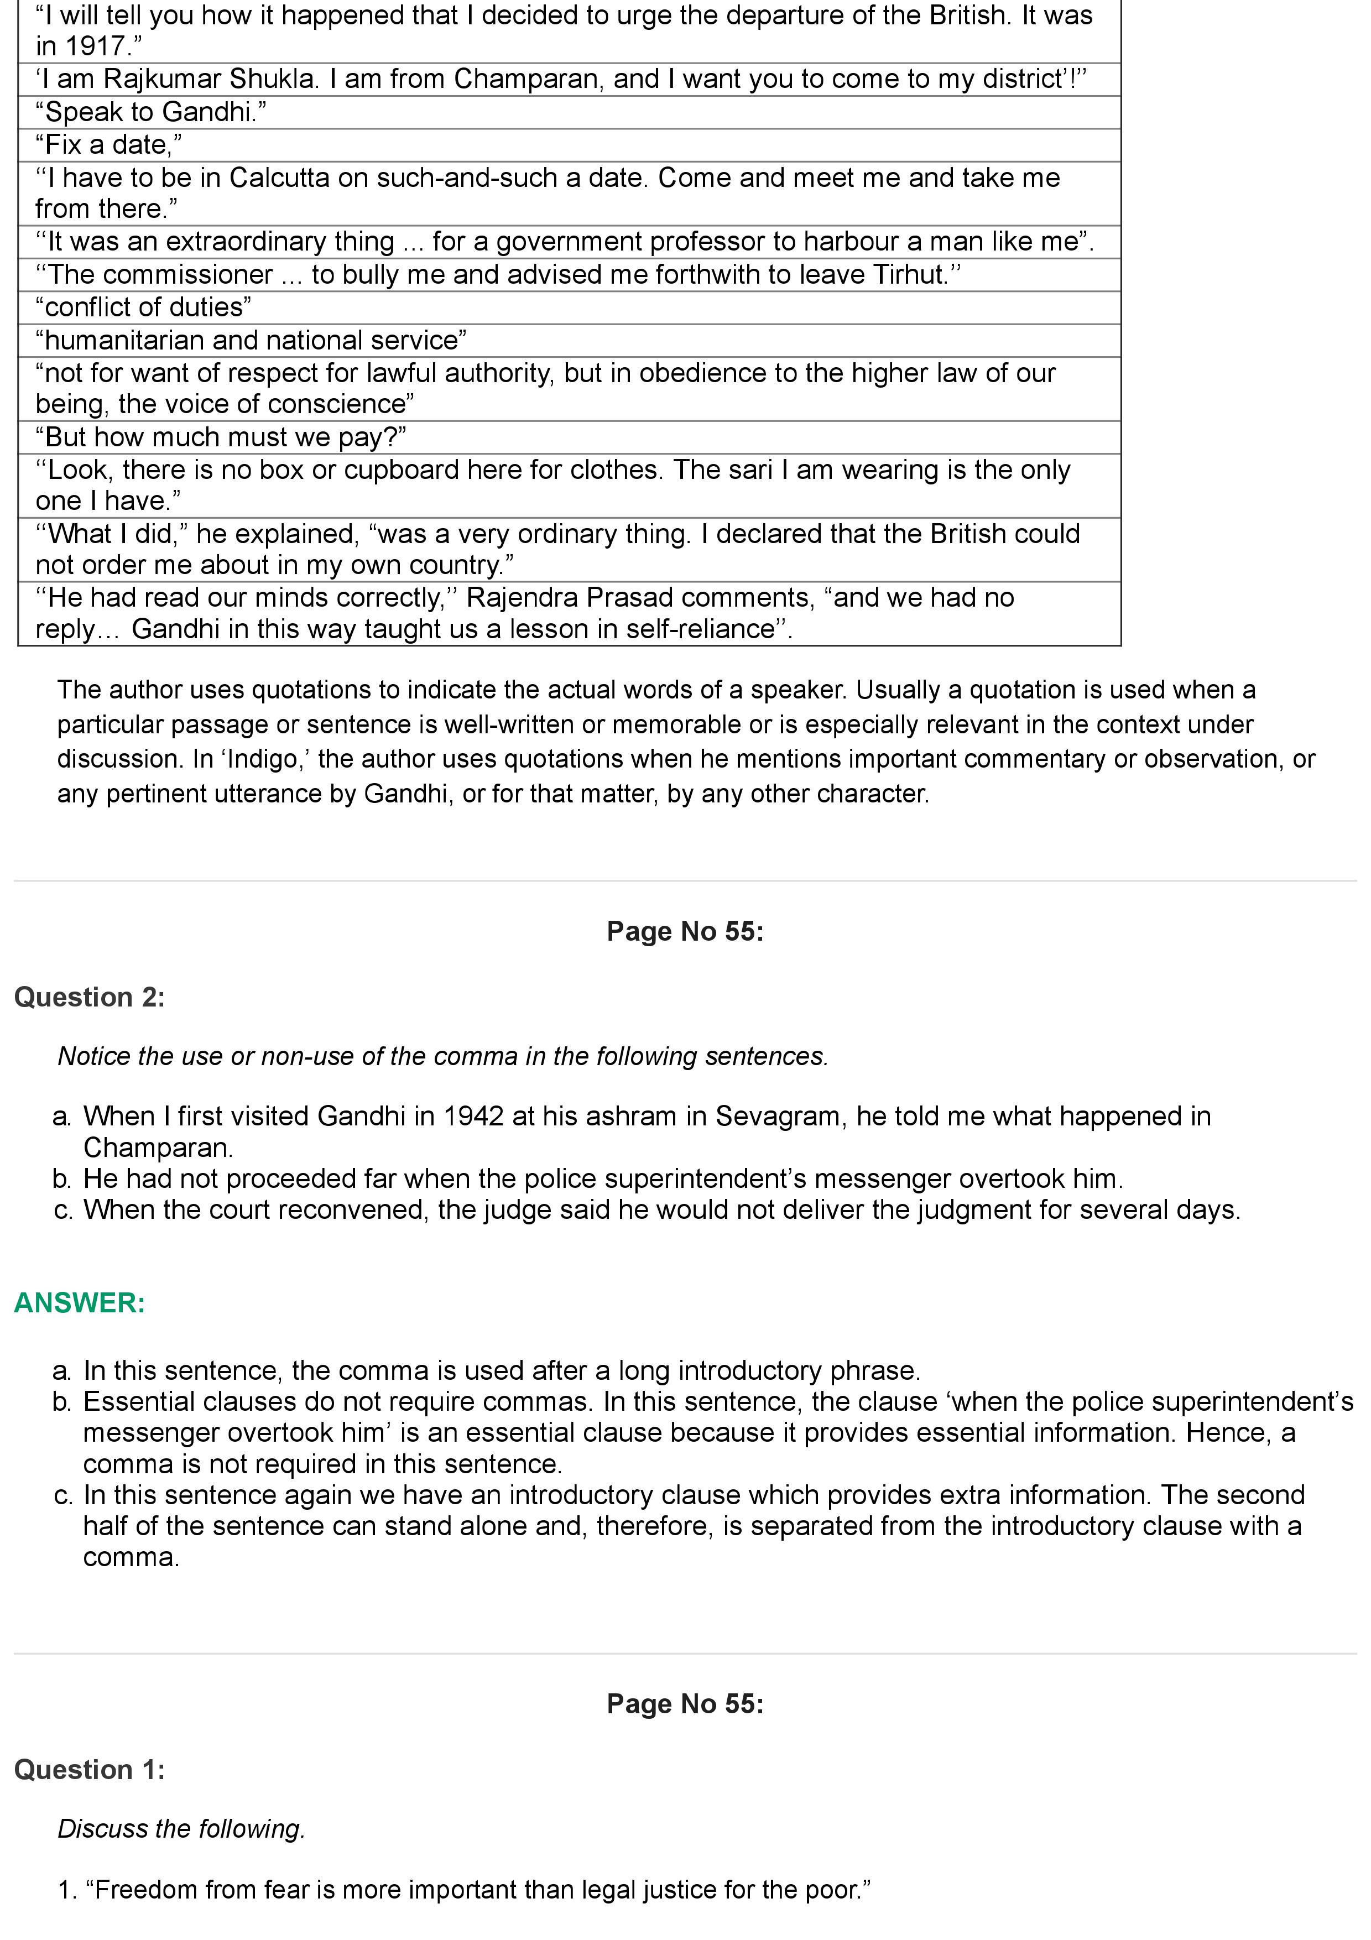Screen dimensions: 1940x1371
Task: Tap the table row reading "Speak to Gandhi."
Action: (151, 112)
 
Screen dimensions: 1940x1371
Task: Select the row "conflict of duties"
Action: (144, 307)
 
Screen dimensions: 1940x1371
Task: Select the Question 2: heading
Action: (90, 997)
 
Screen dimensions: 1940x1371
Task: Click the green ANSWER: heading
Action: (80, 1303)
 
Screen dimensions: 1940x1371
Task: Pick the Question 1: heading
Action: (90, 1769)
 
